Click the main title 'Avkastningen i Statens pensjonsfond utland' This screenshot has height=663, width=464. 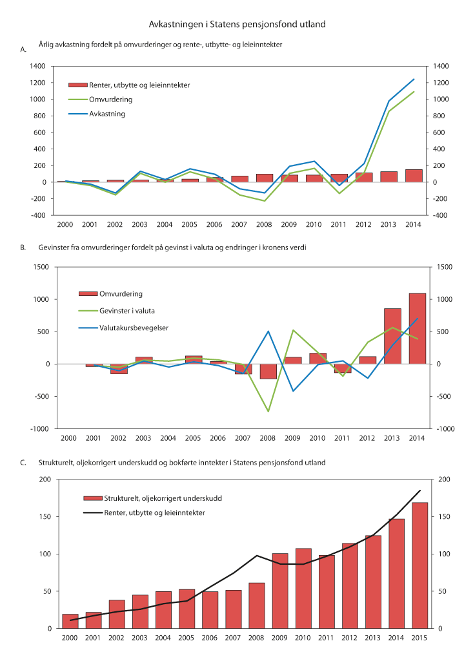[x=237, y=24]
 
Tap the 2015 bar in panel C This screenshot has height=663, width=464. [x=419, y=565]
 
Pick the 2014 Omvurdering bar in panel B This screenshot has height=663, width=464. [x=418, y=329]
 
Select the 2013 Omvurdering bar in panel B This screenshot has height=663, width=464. [x=392, y=336]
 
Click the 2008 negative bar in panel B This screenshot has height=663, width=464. [x=268, y=371]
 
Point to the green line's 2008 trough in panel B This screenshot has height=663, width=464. [x=268, y=412]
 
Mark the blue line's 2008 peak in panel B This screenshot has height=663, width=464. [x=268, y=331]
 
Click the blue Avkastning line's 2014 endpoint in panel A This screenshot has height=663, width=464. [x=414, y=79]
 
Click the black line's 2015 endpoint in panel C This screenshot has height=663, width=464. [x=420, y=490]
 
